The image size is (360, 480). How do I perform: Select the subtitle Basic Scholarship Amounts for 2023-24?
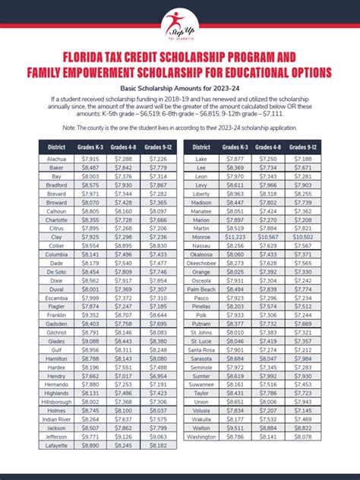[180, 89]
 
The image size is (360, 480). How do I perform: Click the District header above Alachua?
[55, 147]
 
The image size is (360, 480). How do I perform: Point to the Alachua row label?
[55, 159]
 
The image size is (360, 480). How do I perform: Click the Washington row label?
[202, 459]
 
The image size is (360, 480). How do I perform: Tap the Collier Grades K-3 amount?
[90, 245]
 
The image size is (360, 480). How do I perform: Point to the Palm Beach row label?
[202, 289]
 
